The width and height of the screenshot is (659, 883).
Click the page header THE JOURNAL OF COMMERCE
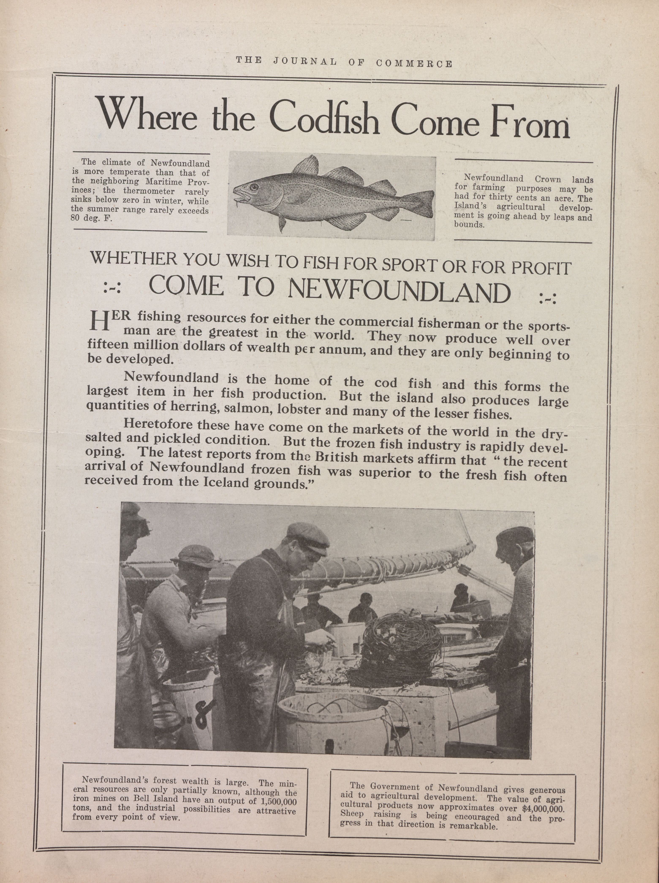(344, 62)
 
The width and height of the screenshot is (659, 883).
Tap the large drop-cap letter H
(99, 321)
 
